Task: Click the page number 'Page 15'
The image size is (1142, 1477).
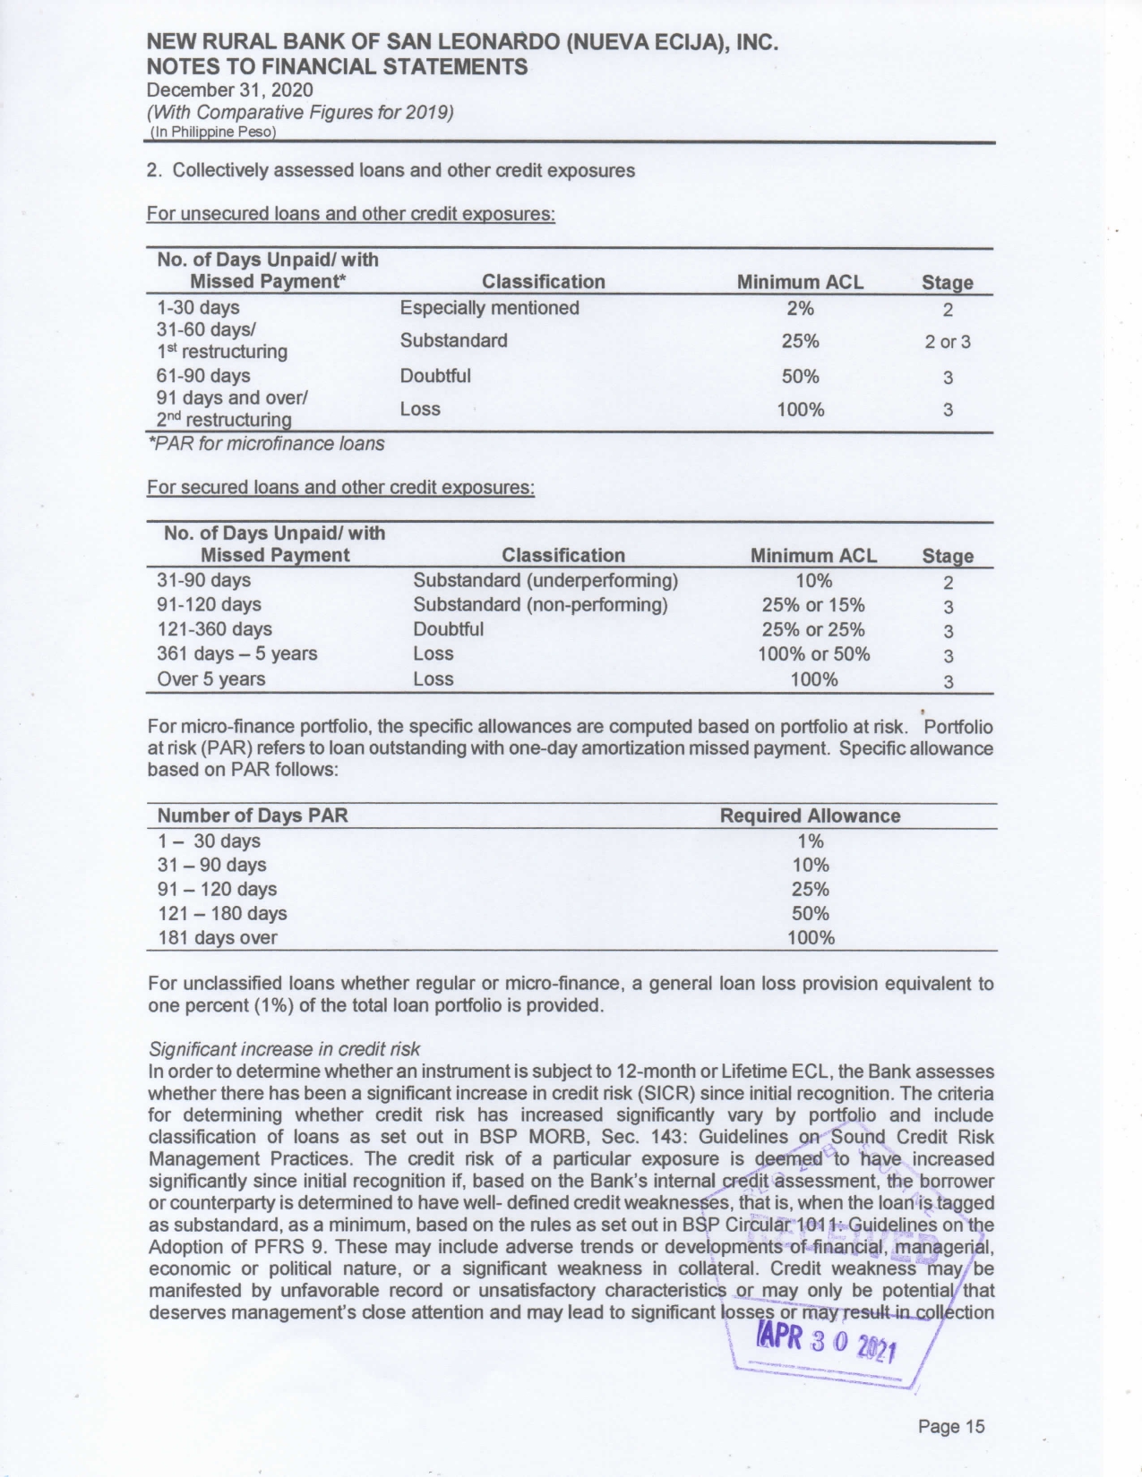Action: [950, 1426]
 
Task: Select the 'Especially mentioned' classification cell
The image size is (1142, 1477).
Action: [489, 308]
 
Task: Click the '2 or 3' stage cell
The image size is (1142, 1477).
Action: [948, 342]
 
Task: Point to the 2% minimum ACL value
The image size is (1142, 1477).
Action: [800, 309]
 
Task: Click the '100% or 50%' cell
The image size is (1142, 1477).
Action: [813, 653]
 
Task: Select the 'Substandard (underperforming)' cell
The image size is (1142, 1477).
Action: [545, 580]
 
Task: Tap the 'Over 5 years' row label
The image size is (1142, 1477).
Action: [210, 679]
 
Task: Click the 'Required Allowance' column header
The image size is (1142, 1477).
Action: [810, 815]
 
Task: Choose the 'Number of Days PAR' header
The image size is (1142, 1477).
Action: [253, 815]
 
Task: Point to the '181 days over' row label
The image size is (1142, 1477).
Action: [218, 938]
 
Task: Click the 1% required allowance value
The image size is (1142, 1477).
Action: [810, 841]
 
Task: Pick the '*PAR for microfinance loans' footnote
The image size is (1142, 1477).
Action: [266, 444]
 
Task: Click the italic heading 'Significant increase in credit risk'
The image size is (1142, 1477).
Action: [284, 1049]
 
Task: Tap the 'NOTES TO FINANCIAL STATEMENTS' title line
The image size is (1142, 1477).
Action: [337, 67]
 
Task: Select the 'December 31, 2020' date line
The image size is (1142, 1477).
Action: [230, 90]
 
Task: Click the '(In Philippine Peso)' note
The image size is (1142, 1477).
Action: [212, 132]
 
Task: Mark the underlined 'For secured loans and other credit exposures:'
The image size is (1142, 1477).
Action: [340, 488]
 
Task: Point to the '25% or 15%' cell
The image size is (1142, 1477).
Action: [813, 605]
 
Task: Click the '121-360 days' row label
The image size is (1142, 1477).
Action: [214, 629]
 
